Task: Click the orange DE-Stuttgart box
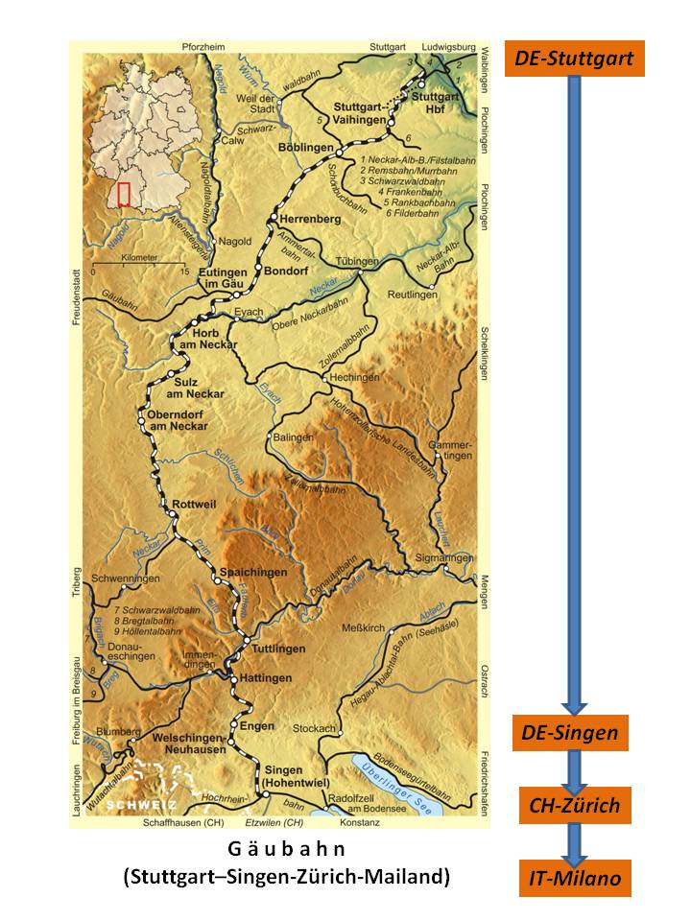coord(574,59)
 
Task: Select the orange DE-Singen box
coord(570,734)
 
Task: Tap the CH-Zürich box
coord(575,805)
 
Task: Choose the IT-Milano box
coord(575,878)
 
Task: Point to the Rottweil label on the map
coord(197,505)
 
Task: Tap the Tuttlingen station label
coord(278,649)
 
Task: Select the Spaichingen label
coord(253,573)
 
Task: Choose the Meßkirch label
coord(364,628)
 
